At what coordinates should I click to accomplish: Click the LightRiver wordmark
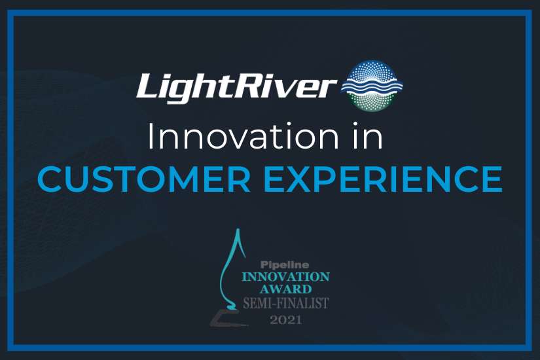(236, 87)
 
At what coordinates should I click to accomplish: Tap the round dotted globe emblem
(372, 86)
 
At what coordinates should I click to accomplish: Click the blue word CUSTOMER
(144, 179)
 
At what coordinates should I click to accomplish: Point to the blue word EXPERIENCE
(383, 179)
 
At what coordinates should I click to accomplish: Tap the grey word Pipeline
(285, 264)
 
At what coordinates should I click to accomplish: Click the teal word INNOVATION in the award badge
(285, 277)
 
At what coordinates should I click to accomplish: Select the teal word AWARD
(285, 289)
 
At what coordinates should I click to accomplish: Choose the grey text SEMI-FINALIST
(286, 303)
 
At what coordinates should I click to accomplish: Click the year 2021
(286, 320)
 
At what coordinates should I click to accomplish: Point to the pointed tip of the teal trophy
(238, 229)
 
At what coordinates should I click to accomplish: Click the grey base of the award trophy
(226, 318)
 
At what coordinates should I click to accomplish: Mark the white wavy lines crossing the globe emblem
(372, 86)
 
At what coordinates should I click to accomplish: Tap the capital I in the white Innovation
(150, 137)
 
